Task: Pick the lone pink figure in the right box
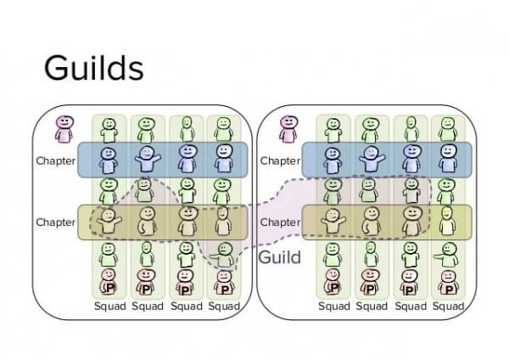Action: [x=288, y=129]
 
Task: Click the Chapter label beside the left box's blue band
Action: [x=56, y=160]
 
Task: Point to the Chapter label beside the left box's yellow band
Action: [x=56, y=222]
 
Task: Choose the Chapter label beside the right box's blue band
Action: [x=280, y=160]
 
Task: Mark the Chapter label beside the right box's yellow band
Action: [x=280, y=222]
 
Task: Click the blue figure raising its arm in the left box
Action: [x=147, y=160]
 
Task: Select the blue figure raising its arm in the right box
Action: [x=371, y=160]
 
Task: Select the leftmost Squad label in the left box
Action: [x=109, y=306]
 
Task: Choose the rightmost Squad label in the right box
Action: [x=446, y=306]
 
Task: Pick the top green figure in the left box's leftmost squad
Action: [x=109, y=129]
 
